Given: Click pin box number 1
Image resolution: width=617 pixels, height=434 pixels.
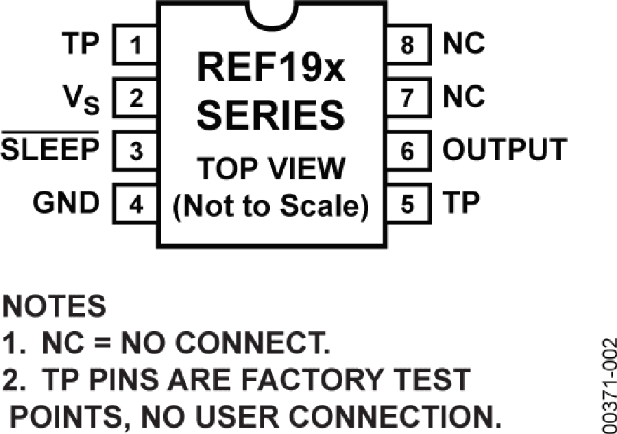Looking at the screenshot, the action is tap(135, 45).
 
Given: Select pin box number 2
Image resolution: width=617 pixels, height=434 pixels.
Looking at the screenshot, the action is tap(135, 98).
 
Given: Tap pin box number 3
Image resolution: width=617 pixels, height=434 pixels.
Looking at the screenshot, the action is tap(135, 150).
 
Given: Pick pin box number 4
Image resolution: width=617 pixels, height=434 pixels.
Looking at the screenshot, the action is tap(135, 204).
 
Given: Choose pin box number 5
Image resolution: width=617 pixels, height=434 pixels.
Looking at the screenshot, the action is tap(409, 204).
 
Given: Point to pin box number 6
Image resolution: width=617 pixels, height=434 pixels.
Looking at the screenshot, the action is tap(409, 150).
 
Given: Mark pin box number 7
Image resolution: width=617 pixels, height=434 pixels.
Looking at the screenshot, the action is tap(409, 98).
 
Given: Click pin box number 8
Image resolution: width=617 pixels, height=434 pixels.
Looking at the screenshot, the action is tap(409, 45).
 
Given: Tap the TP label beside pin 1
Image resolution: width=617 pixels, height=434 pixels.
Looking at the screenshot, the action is tap(80, 43).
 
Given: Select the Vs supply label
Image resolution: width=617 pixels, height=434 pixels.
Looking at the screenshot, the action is tap(81, 100).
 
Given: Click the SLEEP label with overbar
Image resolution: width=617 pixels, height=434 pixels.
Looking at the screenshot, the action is tap(50, 146).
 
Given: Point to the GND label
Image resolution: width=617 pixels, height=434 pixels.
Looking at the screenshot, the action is tap(66, 203).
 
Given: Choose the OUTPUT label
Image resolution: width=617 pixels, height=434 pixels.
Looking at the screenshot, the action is tap(505, 150).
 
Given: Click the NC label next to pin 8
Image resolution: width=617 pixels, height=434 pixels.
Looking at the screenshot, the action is tap(463, 43).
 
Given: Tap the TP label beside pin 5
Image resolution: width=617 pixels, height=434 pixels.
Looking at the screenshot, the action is tap(461, 202).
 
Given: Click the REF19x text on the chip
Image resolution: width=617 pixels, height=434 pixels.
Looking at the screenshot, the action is tap(271, 67).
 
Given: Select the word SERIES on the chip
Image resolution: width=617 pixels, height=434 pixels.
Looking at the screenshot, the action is tap(271, 115).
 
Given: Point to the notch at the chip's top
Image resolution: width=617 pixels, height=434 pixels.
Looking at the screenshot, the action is tap(272, 16).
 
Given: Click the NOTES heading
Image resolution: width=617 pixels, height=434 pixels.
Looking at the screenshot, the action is tap(54, 306).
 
